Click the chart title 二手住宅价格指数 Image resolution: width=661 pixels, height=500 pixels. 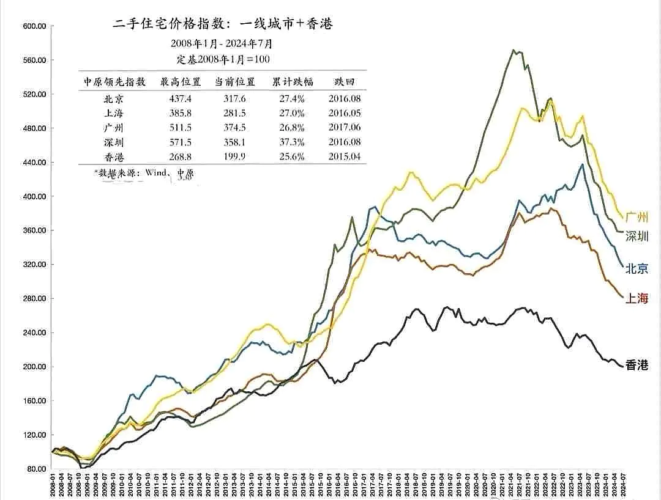223,24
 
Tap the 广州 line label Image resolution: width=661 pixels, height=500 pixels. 637,217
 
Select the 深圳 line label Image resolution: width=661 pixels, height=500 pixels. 637,237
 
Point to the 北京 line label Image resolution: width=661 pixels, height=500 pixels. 637,268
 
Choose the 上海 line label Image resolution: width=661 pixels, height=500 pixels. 637,298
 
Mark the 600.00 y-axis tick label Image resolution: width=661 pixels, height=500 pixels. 34,26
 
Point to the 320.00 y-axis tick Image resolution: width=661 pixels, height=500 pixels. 34,265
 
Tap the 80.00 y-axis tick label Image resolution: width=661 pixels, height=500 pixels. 37,469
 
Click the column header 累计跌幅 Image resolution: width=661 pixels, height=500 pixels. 290,82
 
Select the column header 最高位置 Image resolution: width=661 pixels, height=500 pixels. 176,82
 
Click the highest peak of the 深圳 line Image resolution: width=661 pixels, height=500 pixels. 513,50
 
